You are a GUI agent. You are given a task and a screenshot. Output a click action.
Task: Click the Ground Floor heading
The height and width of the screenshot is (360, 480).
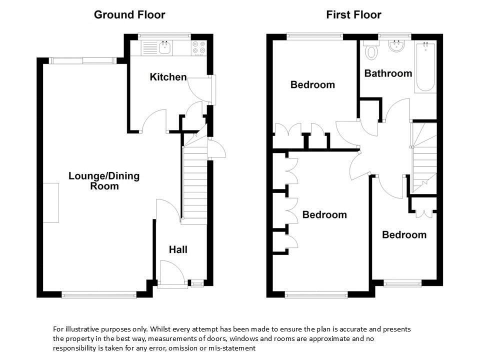(129, 14)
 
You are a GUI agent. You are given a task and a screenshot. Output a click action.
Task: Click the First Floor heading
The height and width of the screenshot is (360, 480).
(353, 14)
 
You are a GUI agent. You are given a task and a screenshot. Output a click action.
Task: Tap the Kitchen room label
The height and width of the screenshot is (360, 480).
(168, 77)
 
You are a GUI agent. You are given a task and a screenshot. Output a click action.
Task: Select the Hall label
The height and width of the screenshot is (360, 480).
(178, 249)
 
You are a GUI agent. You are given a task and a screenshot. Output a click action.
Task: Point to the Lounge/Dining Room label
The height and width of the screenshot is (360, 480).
(104, 181)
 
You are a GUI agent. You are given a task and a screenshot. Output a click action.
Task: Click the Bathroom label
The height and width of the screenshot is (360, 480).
(388, 73)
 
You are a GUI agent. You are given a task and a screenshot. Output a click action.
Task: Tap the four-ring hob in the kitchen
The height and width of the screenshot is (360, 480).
(198, 48)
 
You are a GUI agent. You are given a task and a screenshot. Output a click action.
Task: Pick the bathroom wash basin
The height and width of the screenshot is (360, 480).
(396, 46)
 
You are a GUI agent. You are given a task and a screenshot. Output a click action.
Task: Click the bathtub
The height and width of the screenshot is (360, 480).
(425, 67)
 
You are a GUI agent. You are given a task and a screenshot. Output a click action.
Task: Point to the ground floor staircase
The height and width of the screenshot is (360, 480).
(194, 178)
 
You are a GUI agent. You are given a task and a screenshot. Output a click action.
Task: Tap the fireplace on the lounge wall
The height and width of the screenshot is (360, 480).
(51, 203)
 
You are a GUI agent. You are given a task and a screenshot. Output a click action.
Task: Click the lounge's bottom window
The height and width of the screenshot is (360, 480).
(99, 295)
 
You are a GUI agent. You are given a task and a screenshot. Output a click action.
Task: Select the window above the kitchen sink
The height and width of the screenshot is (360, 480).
(164, 36)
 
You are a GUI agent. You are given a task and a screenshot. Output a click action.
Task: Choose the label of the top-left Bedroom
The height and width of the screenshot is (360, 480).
(312, 85)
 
